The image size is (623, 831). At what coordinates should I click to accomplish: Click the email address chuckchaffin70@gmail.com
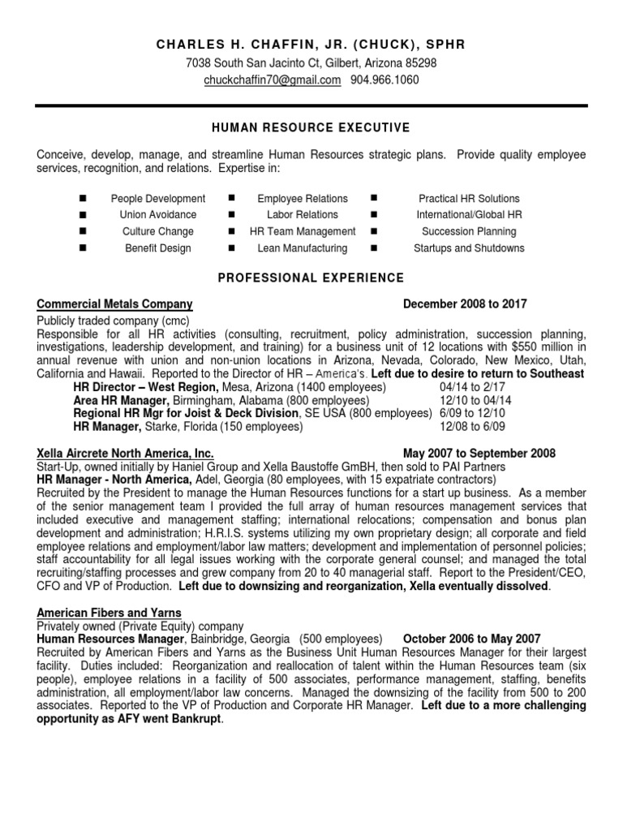[x=272, y=80]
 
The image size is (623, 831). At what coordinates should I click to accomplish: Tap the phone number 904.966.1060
[x=385, y=80]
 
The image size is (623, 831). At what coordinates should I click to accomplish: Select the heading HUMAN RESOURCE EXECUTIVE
[x=311, y=128]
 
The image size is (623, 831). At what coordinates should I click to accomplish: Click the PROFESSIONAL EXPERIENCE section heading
[x=311, y=278]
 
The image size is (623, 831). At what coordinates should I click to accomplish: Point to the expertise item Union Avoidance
[x=158, y=215]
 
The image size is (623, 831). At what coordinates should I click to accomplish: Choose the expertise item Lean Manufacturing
[x=302, y=248]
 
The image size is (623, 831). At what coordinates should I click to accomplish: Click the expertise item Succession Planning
[x=469, y=232]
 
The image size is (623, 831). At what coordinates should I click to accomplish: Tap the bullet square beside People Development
[x=84, y=199]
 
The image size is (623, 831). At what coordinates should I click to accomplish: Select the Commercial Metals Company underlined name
[x=115, y=304]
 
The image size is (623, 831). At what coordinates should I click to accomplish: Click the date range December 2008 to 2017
[x=464, y=304]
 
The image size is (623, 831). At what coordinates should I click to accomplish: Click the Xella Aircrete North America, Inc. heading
[x=126, y=454]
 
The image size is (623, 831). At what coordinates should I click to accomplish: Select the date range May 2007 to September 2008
[x=479, y=454]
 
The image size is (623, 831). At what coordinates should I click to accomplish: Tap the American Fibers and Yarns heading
[x=110, y=613]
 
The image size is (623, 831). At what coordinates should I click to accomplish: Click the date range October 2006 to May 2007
[x=471, y=639]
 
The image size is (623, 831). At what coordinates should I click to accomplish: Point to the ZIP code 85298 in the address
[x=420, y=62]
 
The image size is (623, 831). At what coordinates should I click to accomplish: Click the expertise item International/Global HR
[x=469, y=215]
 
